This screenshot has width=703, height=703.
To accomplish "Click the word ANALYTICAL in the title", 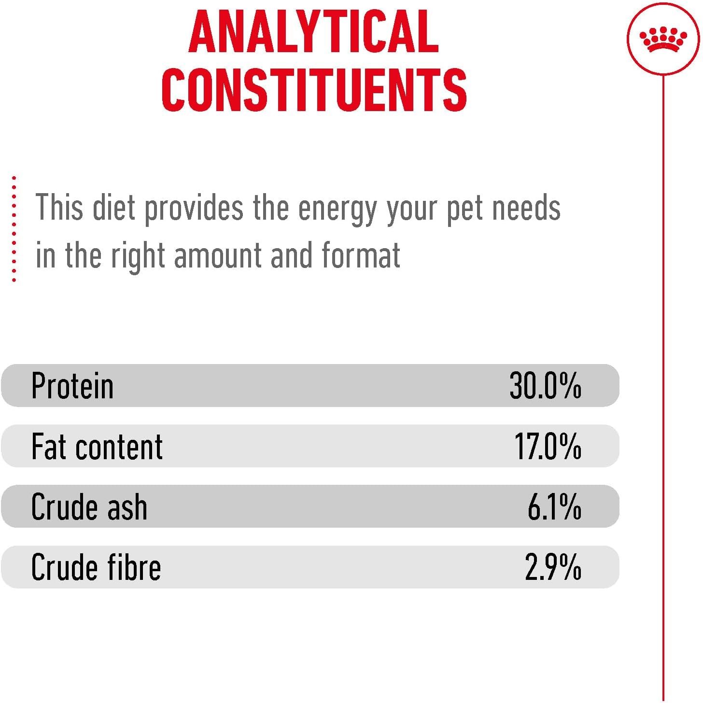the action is [313, 31].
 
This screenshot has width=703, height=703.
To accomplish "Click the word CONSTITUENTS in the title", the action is [314, 89].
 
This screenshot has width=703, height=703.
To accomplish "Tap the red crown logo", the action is [663, 40].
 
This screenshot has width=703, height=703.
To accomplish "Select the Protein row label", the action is [72, 385].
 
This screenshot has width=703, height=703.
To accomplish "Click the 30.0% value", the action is [546, 385].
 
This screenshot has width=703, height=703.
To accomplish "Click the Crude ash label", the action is [89, 506].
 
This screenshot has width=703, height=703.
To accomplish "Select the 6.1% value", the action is [554, 506].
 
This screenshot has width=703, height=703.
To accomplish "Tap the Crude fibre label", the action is [96, 567].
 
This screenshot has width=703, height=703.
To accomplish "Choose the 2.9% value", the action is [553, 567].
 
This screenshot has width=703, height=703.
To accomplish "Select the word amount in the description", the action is [218, 255].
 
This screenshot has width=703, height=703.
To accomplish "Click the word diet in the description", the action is [114, 207].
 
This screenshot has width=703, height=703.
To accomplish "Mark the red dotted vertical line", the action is [14, 229].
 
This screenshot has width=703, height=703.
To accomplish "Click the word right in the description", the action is [138, 257].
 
